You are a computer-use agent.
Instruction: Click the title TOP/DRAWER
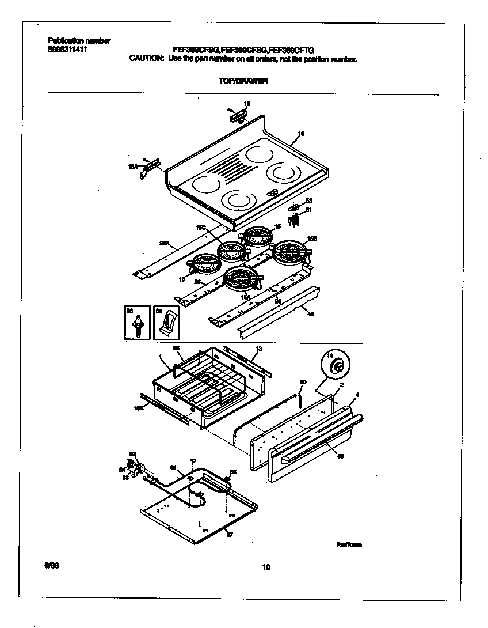[x=243, y=82]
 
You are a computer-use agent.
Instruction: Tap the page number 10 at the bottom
[x=265, y=568]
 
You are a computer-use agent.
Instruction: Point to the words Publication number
[x=79, y=41]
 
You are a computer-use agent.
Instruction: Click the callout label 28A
[x=163, y=244]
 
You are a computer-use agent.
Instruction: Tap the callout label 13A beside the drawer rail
[x=138, y=408]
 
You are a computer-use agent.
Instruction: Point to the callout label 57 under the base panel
[x=229, y=535]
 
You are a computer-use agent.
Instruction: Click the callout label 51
[x=308, y=210]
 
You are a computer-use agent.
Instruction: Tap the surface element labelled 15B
[x=291, y=252]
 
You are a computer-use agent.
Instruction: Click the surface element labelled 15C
[x=232, y=251]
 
